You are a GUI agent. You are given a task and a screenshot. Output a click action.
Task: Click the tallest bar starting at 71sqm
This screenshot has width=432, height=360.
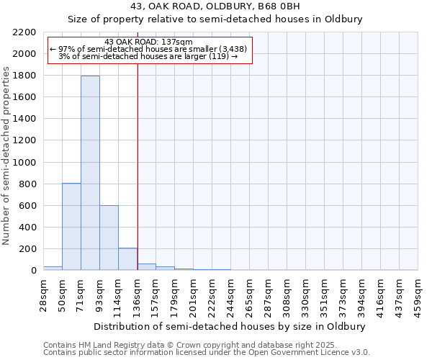90,173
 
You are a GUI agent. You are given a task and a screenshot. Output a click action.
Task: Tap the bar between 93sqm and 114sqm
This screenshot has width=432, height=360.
109,238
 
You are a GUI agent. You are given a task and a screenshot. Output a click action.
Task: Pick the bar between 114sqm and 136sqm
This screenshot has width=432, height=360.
127,259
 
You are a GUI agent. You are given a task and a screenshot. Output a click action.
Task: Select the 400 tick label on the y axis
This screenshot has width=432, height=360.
29,228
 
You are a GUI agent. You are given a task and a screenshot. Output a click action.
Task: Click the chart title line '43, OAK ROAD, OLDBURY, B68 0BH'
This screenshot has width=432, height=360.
215,7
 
